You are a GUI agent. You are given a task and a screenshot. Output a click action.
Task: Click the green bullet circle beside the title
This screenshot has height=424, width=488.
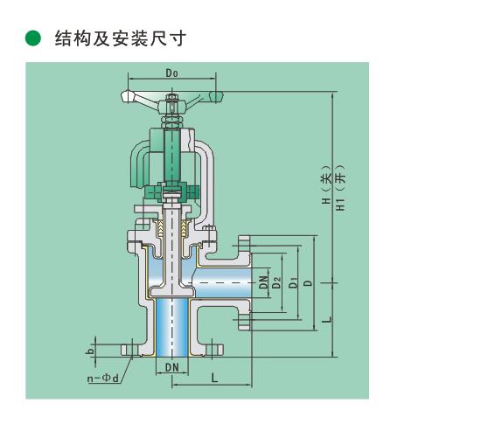[x=33, y=38]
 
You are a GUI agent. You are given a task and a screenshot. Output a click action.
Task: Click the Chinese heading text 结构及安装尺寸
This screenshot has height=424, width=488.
[x=121, y=38]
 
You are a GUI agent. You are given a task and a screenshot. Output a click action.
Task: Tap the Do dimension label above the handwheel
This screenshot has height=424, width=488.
[x=171, y=73]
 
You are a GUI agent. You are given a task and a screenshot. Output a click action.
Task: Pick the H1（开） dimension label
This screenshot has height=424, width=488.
[x=340, y=187]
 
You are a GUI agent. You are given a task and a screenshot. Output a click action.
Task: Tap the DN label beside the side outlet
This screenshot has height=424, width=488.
[x=263, y=282]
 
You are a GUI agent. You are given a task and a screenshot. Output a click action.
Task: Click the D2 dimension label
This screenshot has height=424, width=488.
[x=276, y=282]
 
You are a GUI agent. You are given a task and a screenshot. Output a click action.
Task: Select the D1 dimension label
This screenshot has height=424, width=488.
[x=293, y=282]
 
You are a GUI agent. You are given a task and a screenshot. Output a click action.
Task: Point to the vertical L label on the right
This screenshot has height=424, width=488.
[x=327, y=320]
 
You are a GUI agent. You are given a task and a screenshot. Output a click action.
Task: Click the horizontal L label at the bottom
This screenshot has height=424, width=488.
[x=214, y=379]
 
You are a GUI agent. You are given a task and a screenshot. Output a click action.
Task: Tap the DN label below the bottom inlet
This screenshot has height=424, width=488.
[x=172, y=367]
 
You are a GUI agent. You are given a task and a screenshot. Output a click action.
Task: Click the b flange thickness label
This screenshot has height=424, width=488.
[x=90, y=351]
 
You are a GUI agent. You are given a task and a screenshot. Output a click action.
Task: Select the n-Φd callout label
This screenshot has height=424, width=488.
[x=102, y=379]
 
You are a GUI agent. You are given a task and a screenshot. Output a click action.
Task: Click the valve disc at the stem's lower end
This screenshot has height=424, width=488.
[x=172, y=292]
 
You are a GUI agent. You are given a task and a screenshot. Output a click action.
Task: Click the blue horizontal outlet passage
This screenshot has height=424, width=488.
[x=222, y=282]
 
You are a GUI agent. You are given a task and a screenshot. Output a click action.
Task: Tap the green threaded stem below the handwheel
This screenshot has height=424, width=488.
[x=172, y=156]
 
